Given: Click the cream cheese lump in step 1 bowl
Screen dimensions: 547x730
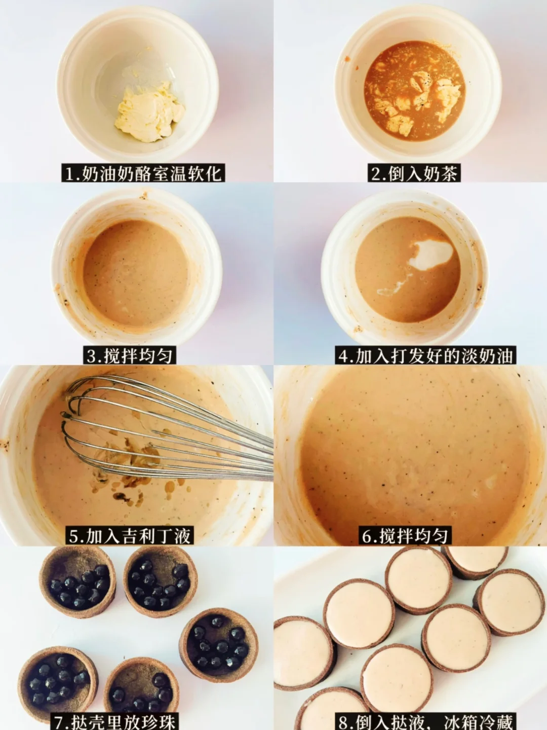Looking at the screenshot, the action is click(149, 112).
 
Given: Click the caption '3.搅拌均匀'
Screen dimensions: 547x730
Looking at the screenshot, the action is click(130, 356).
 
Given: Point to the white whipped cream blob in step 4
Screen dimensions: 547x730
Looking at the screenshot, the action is click(431, 253).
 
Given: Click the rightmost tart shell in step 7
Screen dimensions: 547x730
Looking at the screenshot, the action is click(218, 642).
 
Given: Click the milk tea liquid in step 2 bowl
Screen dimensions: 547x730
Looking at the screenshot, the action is click(415, 91).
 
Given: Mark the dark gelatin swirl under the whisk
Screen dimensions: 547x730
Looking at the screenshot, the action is click(133, 472).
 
